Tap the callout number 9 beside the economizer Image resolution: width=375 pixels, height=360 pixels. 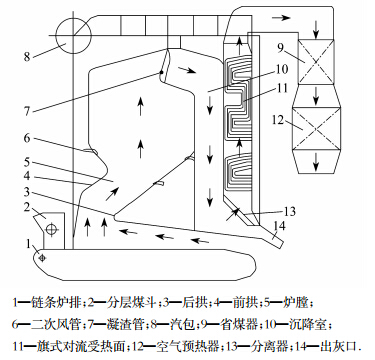tap(280, 48)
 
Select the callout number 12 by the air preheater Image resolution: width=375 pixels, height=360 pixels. tap(278, 120)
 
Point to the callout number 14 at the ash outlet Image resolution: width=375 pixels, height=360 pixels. tap(279, 226)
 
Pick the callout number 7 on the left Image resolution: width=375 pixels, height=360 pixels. tap(27, 111)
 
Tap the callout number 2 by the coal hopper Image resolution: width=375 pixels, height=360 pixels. tap(27, 207)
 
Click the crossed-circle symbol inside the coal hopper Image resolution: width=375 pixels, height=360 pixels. tap(51, 229)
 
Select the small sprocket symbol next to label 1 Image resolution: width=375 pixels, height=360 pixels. tap(42, 258)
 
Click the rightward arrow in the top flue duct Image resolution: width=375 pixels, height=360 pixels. tap(281, 18)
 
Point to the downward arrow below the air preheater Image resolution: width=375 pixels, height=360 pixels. tap(316, 162)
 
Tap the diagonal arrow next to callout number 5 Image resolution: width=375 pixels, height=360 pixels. tap(112, 194)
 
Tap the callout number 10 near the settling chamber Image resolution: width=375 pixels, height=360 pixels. tap(282, 70)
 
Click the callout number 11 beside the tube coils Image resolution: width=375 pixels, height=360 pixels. tap(282, 88)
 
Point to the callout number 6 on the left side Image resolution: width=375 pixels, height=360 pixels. tap(27, 137)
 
